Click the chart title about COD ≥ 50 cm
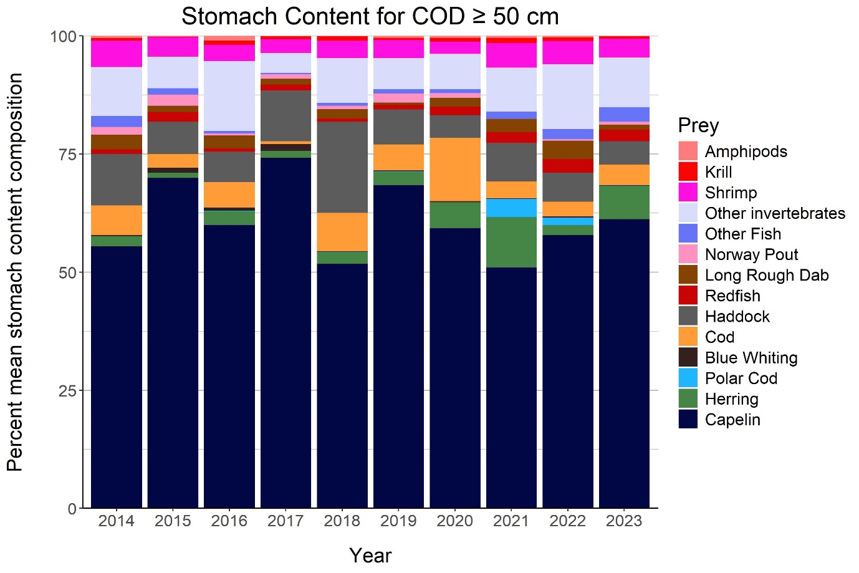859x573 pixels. click(x=370, y=16)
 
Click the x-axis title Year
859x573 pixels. click(x=370, y=555)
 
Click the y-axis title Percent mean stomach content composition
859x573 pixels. click(x=15, y=272)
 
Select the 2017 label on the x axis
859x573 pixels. click(x=286, y=521)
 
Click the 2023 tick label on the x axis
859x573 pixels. click(x=624, y=521)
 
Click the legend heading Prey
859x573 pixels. click(x=698, y=125)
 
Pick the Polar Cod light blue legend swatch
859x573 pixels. click(x=688, y=378)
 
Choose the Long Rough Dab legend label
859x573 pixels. click(x=767, y=275)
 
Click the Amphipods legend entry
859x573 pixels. click(x=746, y=152)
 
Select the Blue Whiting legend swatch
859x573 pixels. click(x=688, y=357)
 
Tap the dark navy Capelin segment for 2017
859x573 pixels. click(x=286, y=330)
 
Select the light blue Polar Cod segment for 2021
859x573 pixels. click(x=511, y=208)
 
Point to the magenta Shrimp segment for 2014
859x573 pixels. click(x=117, y=54)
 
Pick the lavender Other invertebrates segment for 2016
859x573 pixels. click(x=229, y=96)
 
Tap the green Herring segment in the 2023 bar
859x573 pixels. click(x=624, y=202)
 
